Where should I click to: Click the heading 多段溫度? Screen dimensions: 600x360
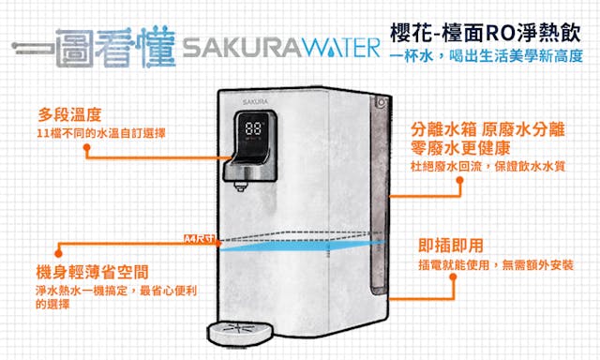tap(69, 114)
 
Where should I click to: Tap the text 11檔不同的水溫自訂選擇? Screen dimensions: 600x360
tap(101, 133)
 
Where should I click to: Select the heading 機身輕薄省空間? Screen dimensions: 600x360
tap(92, 272)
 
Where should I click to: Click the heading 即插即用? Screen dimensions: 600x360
tap(451, 246)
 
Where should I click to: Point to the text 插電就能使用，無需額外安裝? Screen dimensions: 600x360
tap(496, 264)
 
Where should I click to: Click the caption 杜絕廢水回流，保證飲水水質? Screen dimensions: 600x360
tap(487, 167)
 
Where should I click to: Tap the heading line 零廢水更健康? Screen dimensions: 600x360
tap(460, 148)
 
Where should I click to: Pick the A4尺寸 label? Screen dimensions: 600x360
tap(198, 239)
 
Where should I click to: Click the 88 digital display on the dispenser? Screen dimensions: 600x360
tap(253, 128)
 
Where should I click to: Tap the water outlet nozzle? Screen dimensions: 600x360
tap(241, 186)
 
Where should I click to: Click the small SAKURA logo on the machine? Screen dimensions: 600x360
tap(255, 102)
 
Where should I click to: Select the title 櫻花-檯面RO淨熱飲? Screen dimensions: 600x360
tap(486, 34)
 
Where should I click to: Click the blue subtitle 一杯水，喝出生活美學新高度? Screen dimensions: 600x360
tap(487, 56)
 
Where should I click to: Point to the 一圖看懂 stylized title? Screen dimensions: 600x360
tap(94, 48)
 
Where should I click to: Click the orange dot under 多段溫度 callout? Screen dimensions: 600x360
tap(87, 147)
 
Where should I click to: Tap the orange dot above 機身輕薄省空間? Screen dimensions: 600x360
tap(58, 253)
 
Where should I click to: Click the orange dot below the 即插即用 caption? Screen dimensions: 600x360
tap(454, 277)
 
